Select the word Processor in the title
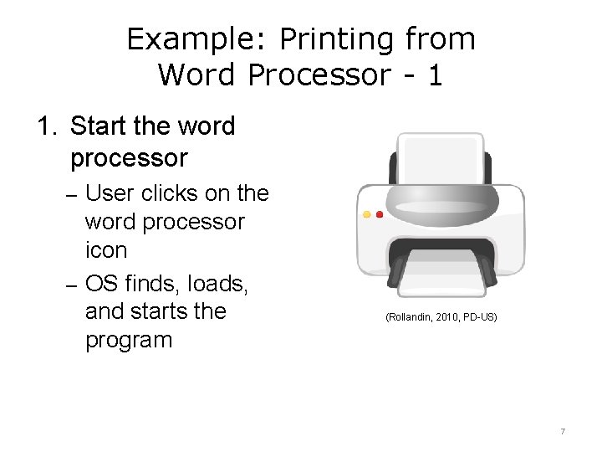(318, 75)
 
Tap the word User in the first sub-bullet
(110, 193)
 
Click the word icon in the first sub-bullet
(106, 250)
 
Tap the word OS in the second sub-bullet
(103, 283)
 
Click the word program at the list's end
(129, 341)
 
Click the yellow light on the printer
(366, 214)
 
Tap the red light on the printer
(380, 214)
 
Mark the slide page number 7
(563, 431)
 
